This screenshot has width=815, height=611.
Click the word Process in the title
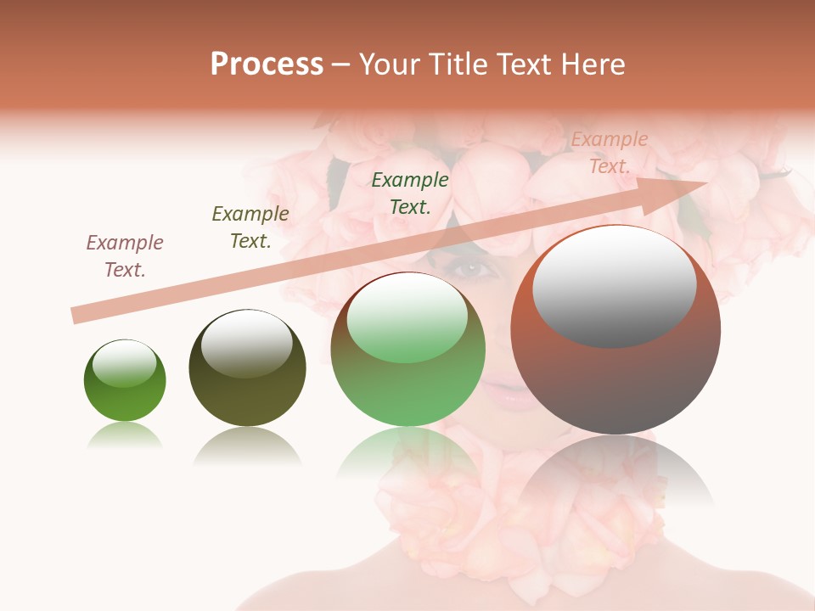267,64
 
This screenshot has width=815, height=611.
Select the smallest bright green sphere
125,380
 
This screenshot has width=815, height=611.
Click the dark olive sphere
247,368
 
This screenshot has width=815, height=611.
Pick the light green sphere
407,350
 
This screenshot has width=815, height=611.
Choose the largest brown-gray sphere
615,330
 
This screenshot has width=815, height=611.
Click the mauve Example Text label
125,256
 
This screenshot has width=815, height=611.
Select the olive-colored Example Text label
250,227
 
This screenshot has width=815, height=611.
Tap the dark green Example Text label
410,193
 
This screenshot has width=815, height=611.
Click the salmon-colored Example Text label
610,153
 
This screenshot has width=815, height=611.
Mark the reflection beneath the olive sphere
247,446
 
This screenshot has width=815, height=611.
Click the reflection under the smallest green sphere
125,434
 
